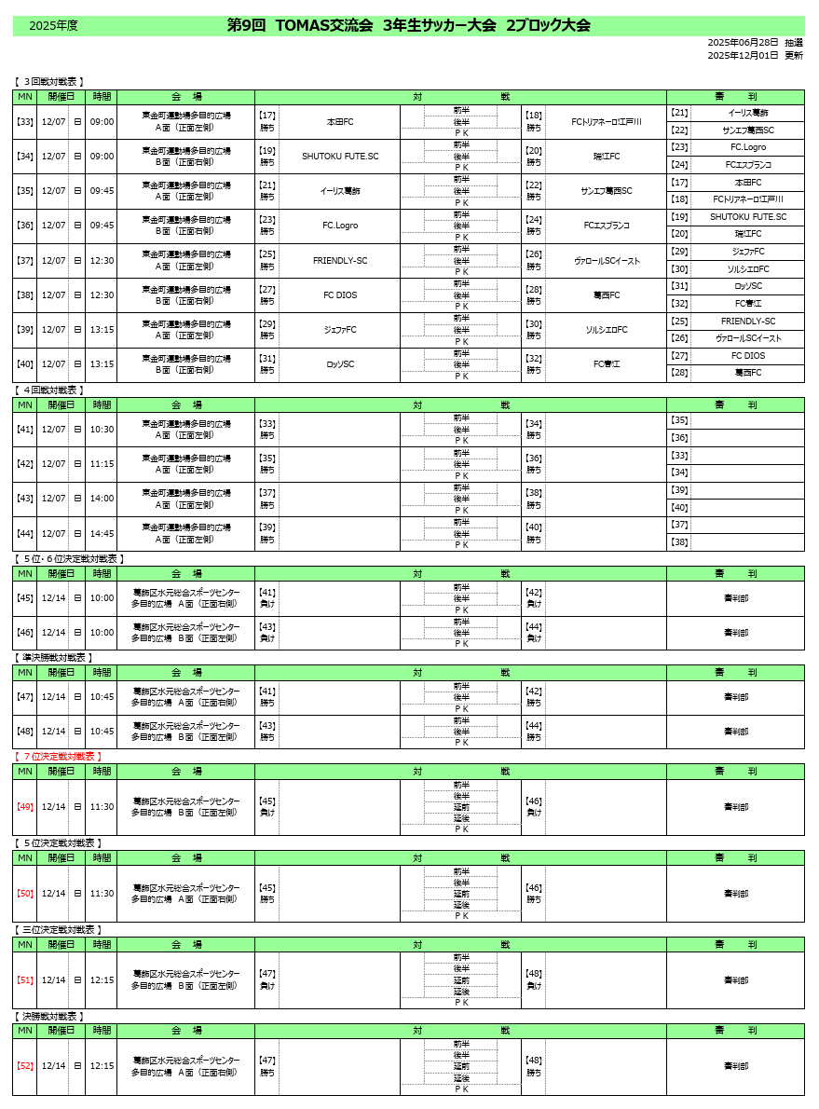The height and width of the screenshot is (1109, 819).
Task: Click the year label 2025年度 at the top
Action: coord(53,26)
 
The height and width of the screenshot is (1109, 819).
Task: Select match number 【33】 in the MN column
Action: coord(25,122)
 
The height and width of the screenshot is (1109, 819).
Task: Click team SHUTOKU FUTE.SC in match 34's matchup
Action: coord(340,157)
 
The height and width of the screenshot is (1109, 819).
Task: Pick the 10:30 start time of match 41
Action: coord(102,430)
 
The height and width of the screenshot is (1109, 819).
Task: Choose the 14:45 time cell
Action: coord(102,533)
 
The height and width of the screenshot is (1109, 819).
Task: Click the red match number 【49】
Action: coord(25,807)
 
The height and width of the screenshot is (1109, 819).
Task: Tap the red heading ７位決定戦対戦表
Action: coord(58,757)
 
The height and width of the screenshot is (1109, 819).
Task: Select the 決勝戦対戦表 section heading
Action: coord(50,1017)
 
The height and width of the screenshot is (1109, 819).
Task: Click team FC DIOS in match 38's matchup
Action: coord(340,295)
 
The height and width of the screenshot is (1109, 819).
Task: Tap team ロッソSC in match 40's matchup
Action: coord(340,364)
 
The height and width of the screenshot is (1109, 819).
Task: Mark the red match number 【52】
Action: coord(25,1066)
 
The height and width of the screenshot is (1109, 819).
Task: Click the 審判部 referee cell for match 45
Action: coord(736,598)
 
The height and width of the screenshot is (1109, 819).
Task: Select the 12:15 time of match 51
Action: coord(102,980)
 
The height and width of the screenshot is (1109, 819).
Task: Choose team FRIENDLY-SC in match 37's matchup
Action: coord(340,261)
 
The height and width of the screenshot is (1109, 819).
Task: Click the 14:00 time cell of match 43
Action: coord(102,499)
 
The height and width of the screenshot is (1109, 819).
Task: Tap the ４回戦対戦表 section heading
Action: coord(50,390)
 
